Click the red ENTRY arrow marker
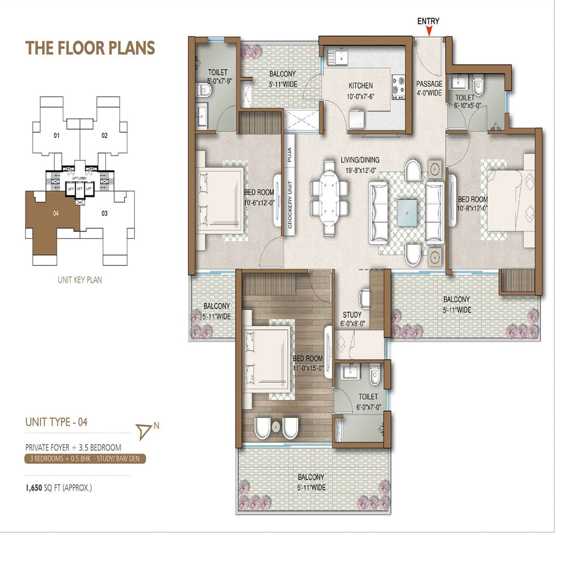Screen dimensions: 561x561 point(429,32)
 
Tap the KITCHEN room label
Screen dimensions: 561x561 point(360,90)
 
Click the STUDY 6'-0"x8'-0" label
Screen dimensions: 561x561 point(352,318)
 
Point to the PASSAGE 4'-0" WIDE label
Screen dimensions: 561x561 point(429,88)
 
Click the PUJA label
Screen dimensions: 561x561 point(289,155)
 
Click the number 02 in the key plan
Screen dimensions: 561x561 point(104,136)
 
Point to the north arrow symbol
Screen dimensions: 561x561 point(144,430)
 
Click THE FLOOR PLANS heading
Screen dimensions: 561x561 point(90,48)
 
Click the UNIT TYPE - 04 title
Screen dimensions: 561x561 point(56,422)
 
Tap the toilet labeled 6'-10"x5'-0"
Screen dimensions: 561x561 point(464,101)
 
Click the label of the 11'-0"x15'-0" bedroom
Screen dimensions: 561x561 point(308,363)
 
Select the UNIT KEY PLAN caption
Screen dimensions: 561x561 point(79,279)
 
